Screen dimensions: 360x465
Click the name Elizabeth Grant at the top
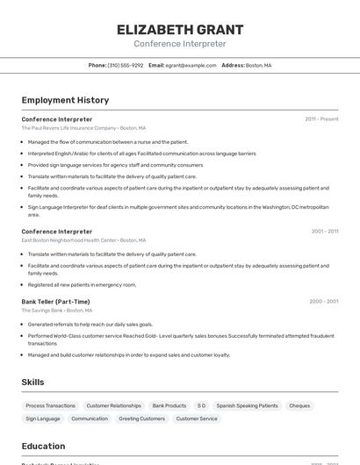pos(180,30)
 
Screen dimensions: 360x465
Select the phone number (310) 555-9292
pos(126,65)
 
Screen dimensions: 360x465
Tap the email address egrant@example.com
pos(191,65)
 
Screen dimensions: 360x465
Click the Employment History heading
pos(65,100)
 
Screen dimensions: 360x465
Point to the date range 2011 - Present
pos(321,118)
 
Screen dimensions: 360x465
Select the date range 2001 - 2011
pos(324,232)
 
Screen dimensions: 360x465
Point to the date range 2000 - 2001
pos(323,301)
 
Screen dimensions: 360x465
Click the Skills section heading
pos(32,383)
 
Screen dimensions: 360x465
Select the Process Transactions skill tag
pos(50,405)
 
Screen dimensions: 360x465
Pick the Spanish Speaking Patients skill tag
pos(247,405)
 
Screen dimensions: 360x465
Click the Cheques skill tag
pos(299,405)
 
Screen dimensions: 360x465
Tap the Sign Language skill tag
pos(42,418)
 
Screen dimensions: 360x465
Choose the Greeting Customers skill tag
pos(141,418)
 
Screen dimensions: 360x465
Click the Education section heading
pos(43,446)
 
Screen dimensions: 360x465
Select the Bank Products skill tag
pos(169,405)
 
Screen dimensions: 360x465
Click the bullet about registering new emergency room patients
pos(82,284)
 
